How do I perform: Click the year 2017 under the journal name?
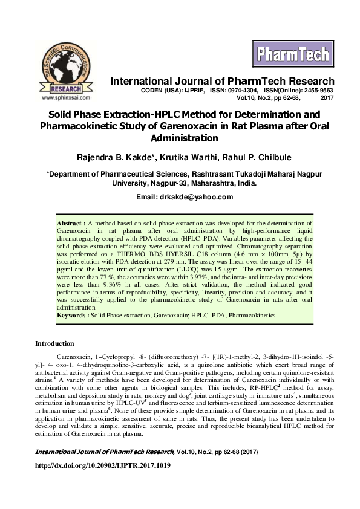[x=327, y=97]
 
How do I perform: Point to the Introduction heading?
[x=54, y=344]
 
